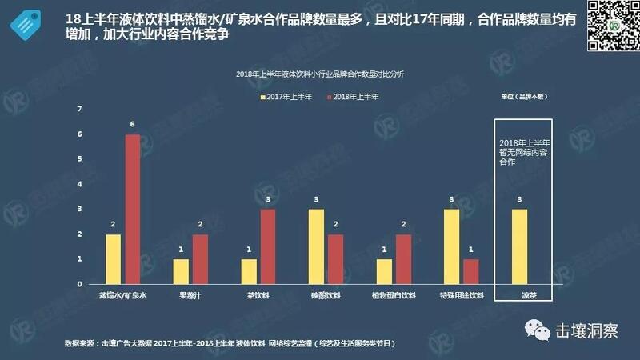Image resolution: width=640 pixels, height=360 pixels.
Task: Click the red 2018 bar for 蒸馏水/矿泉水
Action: (x=133, y=210)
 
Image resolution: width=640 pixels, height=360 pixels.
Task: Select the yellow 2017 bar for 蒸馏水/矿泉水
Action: (x=113, y=259)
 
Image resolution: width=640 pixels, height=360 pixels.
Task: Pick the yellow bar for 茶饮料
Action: (x=250, y=272)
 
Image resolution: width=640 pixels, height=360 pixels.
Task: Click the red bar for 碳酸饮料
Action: (x=337, y=259)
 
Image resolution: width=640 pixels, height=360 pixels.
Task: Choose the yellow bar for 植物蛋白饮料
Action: (x=385, y=272)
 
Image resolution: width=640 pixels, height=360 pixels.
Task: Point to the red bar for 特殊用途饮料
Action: (x=473, y=272)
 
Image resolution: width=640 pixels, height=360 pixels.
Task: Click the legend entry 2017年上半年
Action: (x=288, y=96)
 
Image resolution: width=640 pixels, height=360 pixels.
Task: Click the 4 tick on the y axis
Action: (x=80, y=184)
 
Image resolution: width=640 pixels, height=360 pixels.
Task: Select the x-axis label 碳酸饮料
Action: (x=327, y=295)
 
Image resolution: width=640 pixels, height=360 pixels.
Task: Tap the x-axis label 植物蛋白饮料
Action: (x=395, y=295)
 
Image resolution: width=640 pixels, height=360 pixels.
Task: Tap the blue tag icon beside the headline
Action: (x=26, y=25)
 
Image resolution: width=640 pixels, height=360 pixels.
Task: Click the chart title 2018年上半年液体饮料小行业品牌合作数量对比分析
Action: (x=320, y=74)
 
